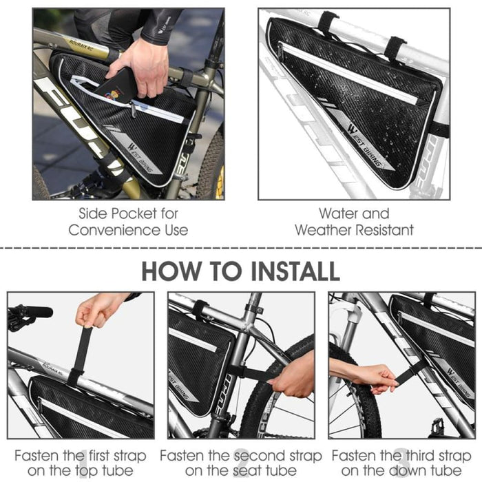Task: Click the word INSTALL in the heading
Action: (x=295, y=271)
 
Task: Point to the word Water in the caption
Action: (x=337, y=213)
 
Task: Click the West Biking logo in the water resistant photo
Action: (x=365, y=146)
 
